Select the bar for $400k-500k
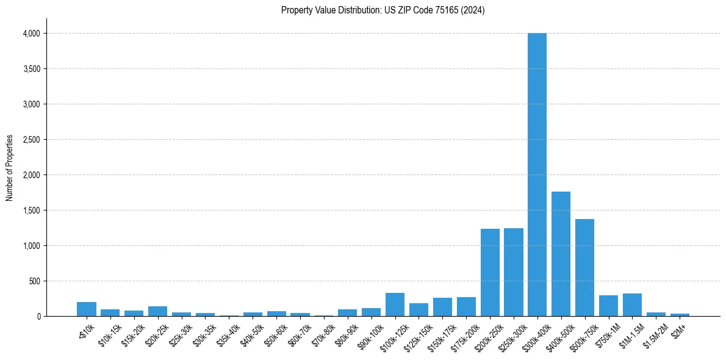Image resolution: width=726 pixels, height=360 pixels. click(x=561, y=254)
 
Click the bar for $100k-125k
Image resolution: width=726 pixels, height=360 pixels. click(x=395, y=304)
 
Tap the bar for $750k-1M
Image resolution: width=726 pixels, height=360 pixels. click(x=608, y=306)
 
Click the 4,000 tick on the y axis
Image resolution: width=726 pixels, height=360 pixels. click(x=31, y=34)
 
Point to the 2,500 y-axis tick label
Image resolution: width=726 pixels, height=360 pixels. click(x=31, y=140)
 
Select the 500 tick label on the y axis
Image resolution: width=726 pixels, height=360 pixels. click(x=34, y=281)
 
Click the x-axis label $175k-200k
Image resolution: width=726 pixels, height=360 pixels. click(x=464, y=334)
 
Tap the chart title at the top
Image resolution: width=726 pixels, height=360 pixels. click(x=383, y=10)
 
